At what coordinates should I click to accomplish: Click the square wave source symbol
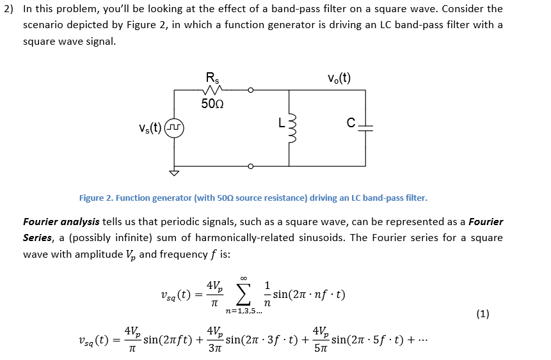[x=174, y=128]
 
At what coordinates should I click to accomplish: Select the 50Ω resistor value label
[x=212, y=104]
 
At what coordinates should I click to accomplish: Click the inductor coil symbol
[x=292, y=128]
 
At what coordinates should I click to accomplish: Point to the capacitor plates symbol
[x=365, y=128]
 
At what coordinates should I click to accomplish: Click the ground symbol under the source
[x=174, y=173]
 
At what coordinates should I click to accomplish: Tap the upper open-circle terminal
[x=251, y=90]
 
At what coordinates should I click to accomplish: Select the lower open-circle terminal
[x=251, y=166]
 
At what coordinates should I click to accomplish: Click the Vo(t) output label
[x=339, y=78]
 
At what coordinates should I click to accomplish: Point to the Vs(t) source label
[x=150, y=128]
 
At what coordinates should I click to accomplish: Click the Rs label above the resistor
[x=212, y=77]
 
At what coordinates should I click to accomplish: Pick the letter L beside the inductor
[x=281, y=123]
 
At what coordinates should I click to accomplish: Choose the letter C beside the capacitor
[x=351, y=123]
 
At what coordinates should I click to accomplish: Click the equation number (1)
[x=483, y=313]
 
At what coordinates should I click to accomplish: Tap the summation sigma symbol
[x=244, y=294]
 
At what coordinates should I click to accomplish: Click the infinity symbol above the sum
[x=244, y=279]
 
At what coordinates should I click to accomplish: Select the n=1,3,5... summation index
[x=244, y=311]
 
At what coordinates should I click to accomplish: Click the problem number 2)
[x=9, y=9]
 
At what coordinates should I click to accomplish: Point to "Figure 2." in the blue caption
[x=96, y=198]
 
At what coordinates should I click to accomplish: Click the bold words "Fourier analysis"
[x=61, y=222]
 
